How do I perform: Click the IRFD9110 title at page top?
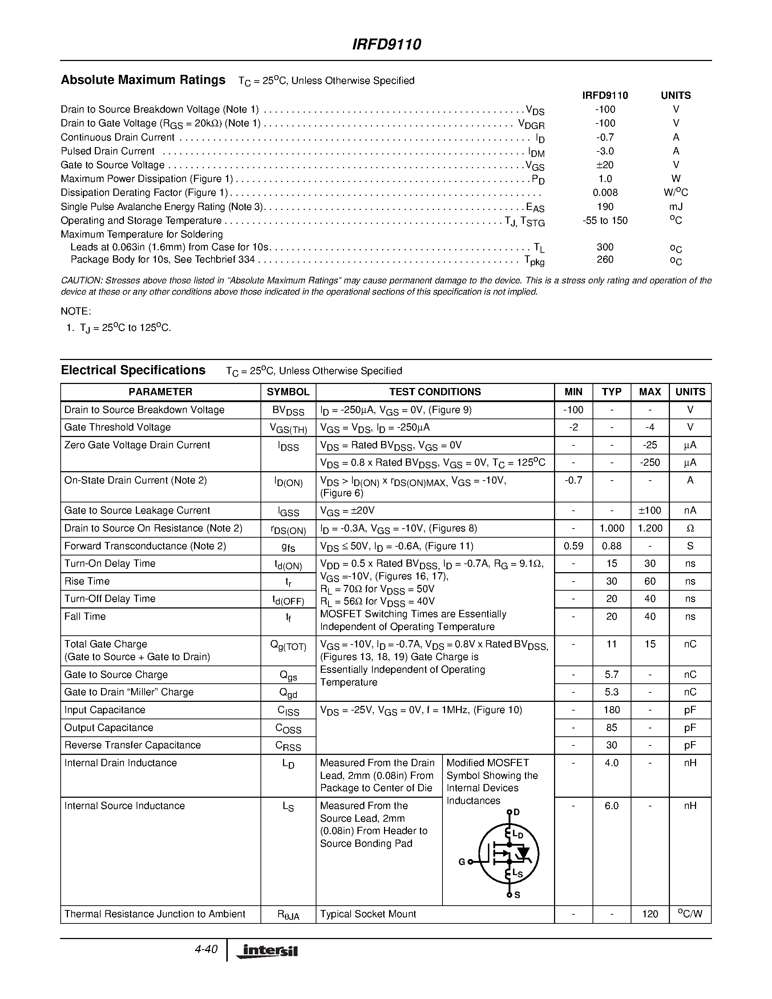click(387, 44)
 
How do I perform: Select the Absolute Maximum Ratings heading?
click(143, 80)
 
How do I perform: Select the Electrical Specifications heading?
click(133, 370)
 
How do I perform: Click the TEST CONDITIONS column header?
click(434, 392)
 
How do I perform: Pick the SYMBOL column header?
click(288, 392)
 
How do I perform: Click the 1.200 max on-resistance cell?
click(650, 528)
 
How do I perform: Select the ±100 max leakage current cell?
click(650, 510)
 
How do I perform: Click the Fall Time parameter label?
click(85, 616)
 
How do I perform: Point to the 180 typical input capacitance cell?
click(611, 710)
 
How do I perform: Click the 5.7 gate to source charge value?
click(611, 675)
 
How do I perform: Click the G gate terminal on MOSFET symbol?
click(462, 862)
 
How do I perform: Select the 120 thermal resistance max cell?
click(650, 914)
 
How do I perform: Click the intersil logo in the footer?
click(267, 951)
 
